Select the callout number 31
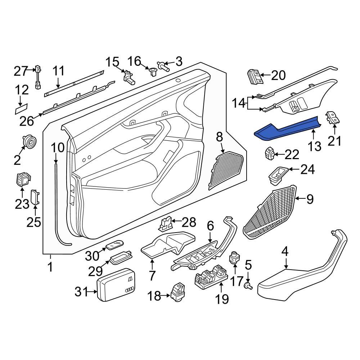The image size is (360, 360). (81, 292)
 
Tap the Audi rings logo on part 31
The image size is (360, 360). (128, 290)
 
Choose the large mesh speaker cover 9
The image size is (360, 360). (272, 212)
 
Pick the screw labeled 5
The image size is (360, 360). (248, 285)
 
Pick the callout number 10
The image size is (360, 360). (58, 148)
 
